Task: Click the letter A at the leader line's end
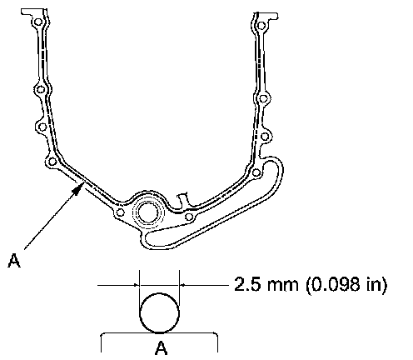[14, 261]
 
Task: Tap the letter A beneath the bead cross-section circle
[162, 347]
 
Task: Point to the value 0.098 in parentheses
[335, 284]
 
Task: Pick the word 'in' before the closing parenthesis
[372, 284]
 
